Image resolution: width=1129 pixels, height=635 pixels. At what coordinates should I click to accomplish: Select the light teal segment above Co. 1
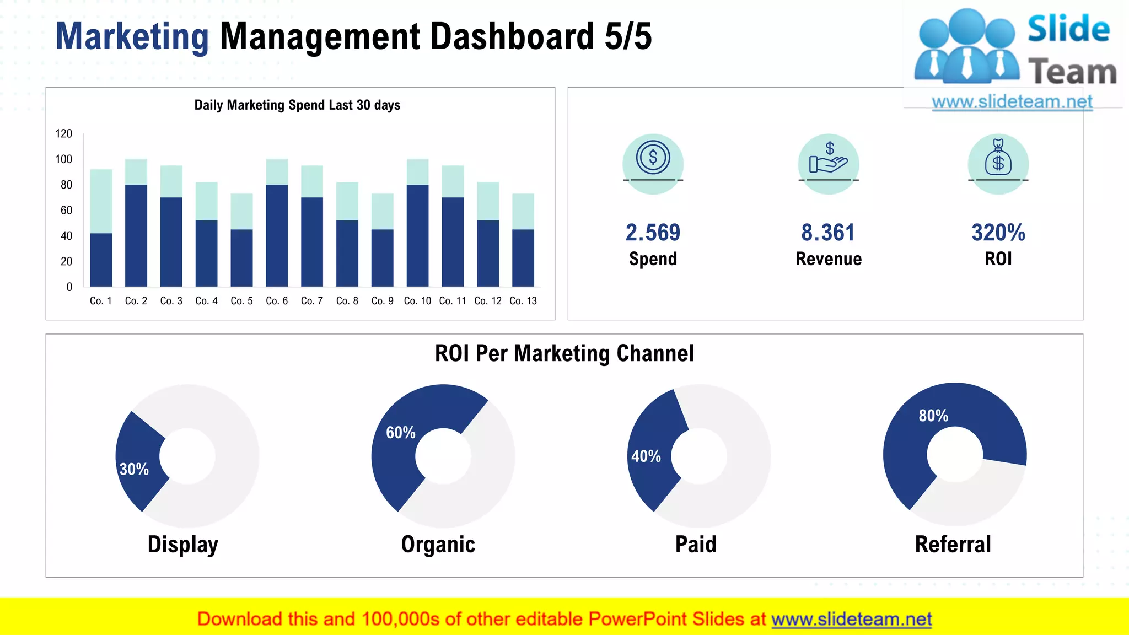tap(101, 201)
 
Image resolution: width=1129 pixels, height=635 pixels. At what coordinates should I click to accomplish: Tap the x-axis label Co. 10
tap(417, 301)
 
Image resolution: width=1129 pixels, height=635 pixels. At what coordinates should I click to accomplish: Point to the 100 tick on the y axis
tap(64, 159)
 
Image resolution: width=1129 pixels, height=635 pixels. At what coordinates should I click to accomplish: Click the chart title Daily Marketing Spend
tap(297, 105)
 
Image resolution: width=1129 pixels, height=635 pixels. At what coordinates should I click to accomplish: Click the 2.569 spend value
tap(653, 233)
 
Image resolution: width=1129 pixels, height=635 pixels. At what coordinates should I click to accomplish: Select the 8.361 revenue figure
tap(828, 233)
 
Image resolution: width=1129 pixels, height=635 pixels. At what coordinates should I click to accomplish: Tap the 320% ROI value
tap(998, 233)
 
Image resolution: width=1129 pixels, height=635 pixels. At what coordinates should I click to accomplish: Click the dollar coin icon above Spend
tap(653, 158)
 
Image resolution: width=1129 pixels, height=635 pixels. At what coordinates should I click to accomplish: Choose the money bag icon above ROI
tap(998, 159)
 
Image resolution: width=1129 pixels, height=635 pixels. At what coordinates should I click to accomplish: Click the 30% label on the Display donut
tap(134, 469)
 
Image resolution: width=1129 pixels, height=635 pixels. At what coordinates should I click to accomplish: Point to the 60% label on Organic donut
tap(401, 433)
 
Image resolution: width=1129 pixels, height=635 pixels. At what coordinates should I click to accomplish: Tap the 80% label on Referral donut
tap(933, 416)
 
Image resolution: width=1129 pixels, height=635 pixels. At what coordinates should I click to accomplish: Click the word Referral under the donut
tap(953, 545)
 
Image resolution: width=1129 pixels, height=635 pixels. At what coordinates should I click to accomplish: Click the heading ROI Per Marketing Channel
tap(564, 353)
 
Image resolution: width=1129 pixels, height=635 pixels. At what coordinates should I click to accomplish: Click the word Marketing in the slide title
tap(132, 36)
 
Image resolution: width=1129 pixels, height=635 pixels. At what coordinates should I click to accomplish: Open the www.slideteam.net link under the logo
tap(1012, 102)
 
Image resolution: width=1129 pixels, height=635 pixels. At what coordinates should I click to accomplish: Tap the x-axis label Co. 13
tap(523, 301)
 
